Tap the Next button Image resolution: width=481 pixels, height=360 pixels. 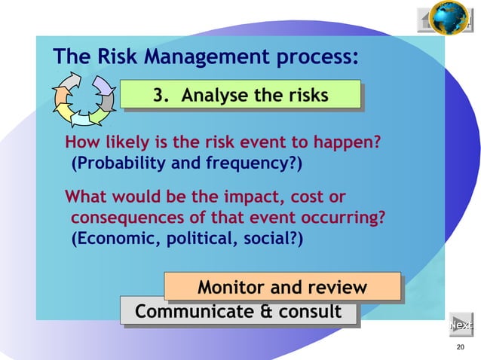461,325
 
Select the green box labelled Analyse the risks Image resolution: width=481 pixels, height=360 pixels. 240,96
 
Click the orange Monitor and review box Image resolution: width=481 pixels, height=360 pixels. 282,288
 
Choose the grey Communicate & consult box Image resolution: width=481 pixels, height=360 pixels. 237,311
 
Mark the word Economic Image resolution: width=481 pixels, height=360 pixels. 110,239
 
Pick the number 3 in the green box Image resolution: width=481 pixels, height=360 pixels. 158,96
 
